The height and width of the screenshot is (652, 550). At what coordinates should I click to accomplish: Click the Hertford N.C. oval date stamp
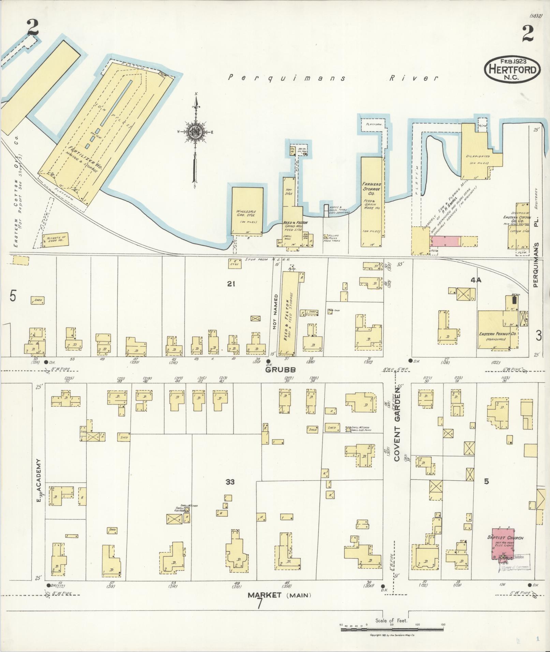point(512,70)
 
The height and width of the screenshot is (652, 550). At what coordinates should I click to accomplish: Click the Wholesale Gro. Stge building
point(247,211)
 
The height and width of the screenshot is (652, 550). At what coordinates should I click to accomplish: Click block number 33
point(230,482)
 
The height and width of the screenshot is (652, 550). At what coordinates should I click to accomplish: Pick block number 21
point(231,283)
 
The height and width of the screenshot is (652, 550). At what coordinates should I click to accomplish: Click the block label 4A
point(476,280)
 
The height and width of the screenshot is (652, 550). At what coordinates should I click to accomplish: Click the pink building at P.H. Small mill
point(447,241)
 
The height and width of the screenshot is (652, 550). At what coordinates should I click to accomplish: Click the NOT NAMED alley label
point(276,312)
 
